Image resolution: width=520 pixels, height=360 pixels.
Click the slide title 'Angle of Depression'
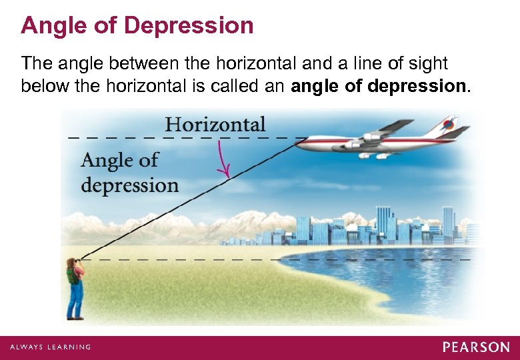(x=137, y=25)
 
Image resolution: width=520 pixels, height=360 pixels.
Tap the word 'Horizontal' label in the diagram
(x=215, y=124)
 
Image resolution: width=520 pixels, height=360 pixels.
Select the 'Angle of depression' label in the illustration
(x=129, y=172)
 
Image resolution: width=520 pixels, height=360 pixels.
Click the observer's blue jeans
(x=76, y=299)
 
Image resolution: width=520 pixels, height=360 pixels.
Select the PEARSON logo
(x=476, y=347)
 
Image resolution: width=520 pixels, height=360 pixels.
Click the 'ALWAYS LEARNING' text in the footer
(x=51, y=347)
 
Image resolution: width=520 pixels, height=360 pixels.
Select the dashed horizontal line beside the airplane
(x=180, y=137)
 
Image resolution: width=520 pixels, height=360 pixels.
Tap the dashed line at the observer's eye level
(x=267, y=257)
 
